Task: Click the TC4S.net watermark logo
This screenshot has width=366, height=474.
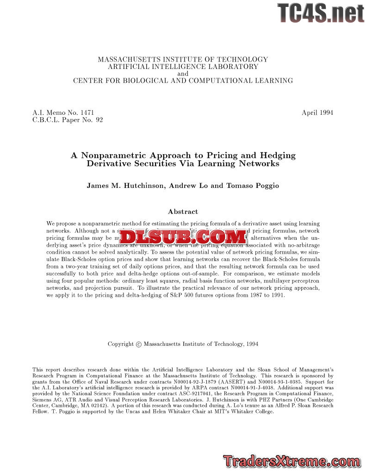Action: click(320, 12)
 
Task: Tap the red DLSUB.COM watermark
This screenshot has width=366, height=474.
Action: click(183, 237)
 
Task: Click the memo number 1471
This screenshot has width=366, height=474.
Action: click(87, 112)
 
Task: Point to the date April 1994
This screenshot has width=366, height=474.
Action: click(317, 112)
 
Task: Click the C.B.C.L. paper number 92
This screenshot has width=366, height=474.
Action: click(99, 120)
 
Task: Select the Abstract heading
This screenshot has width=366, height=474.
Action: click(183, 212)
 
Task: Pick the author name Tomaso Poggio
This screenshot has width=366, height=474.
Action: click(252, 186)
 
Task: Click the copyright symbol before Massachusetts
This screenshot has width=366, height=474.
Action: click(138, 344)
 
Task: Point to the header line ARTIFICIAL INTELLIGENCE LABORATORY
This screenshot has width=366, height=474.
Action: click(183, 66)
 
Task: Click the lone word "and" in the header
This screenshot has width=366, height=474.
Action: click(183, 74)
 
